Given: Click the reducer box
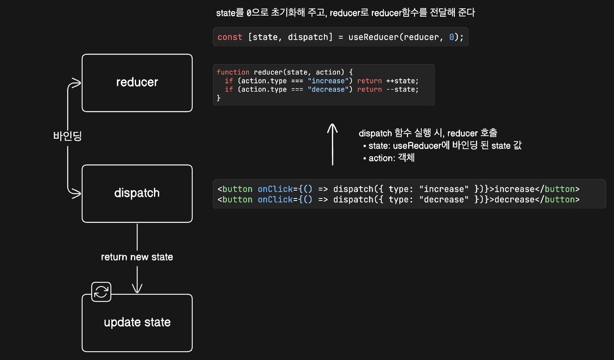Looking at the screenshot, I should (x=137, y=83).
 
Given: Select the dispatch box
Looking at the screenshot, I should (x=137, y=193).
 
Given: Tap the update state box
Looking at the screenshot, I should (x=137, y=323).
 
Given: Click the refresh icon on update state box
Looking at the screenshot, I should (x=101, y=292).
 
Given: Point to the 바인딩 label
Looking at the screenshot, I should (x=67, y=136).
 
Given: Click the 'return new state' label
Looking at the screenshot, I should (x=137, y=257).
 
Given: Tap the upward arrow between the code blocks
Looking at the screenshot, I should (x=332, y=144).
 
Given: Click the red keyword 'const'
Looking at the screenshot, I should (x=230, y=37).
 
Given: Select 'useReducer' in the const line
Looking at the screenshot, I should (x=373, y=37).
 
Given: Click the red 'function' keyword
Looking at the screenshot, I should (x=233, y=72).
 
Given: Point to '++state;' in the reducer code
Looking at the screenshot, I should (x=402, y=81).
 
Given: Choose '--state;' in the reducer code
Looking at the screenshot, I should (x=402, y=89).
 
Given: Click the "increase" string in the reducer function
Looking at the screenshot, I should (x=328, y=81).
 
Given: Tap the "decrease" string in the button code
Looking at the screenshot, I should (x=444, y=199).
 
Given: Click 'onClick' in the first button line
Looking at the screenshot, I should (x=275, y=189).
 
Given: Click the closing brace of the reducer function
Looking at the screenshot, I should (x=219, y=98).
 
